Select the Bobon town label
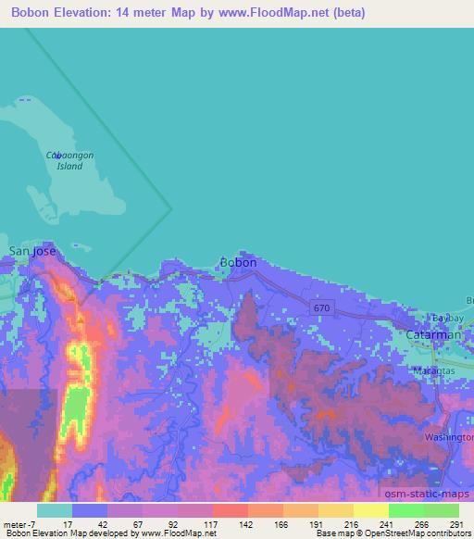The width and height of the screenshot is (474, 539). click(x=238, y=262)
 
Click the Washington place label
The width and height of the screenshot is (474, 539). click(x=448, y=435)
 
